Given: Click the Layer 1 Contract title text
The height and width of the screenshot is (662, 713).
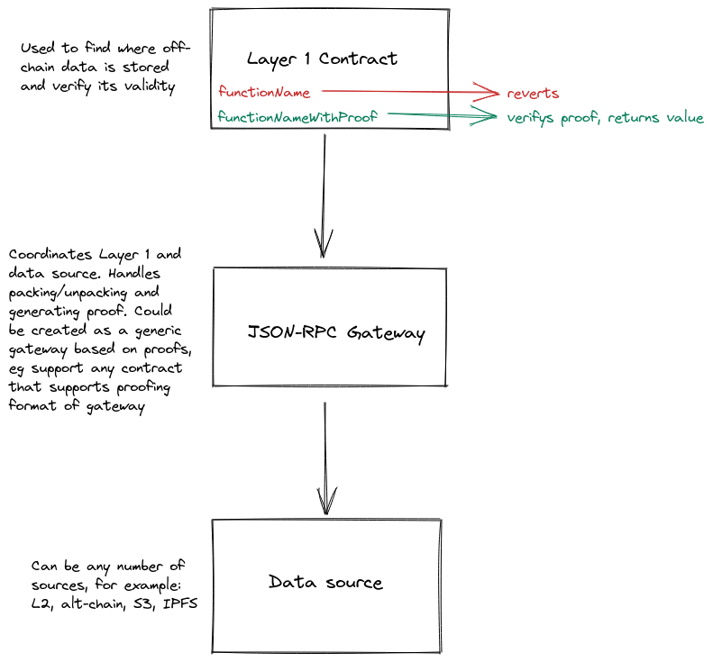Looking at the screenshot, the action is pos(322,59).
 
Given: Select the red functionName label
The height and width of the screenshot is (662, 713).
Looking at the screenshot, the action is pos(264,92).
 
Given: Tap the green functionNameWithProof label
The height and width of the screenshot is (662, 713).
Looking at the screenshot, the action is pos(297,117).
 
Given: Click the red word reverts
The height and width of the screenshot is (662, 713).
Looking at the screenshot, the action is pos(533,93).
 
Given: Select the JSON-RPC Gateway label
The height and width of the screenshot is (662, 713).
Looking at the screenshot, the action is pos(336,333).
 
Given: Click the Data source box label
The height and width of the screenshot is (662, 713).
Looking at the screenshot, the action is pos(325,582).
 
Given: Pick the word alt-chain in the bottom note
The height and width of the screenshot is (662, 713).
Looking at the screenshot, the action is pos(93,604).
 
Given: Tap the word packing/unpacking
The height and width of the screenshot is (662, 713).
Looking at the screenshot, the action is pos(68,293).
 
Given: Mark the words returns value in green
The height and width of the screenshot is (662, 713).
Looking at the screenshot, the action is pos(655,118).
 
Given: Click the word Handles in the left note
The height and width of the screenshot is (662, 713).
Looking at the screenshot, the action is pos(134,273).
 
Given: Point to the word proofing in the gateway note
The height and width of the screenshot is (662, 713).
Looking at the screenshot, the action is pos(143,387).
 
